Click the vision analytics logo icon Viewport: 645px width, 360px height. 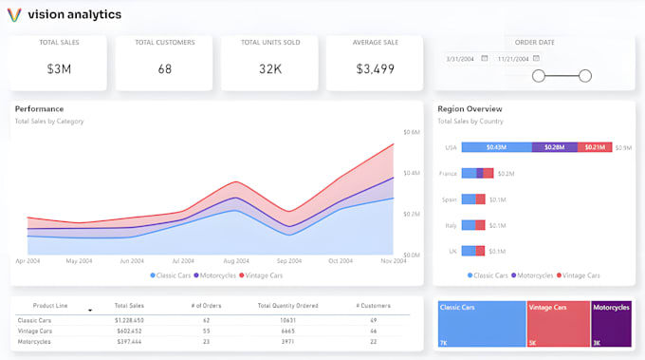(x=15, y=15)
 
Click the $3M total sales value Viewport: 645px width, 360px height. (x=60, y=68)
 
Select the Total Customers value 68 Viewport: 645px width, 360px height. (x=165, y=68)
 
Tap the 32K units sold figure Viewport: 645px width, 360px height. (x=270, y=68)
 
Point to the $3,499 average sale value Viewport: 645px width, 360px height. (x=375, y=68)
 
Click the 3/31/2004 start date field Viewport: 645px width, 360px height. (x=460, y=58)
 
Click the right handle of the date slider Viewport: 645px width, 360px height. (x=585, y=76)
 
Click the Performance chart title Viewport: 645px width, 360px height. (x=40, y=109)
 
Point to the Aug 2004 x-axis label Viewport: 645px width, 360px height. (x=235, y=260)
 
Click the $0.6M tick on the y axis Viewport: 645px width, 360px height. (x=412, y=132)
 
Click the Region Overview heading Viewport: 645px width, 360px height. (x=470, y=109)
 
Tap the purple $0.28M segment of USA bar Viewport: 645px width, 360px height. (x=554, y=147)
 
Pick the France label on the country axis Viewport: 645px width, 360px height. (x=449, y=174)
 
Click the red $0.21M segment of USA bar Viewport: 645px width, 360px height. (x=594, y=147)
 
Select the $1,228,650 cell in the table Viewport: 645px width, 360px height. (x=128, y=320)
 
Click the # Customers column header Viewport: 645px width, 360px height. (x=373, y=306)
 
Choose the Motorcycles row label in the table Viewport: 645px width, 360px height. (x=34, y=341)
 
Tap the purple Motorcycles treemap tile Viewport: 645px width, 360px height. (x=612, y=323)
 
